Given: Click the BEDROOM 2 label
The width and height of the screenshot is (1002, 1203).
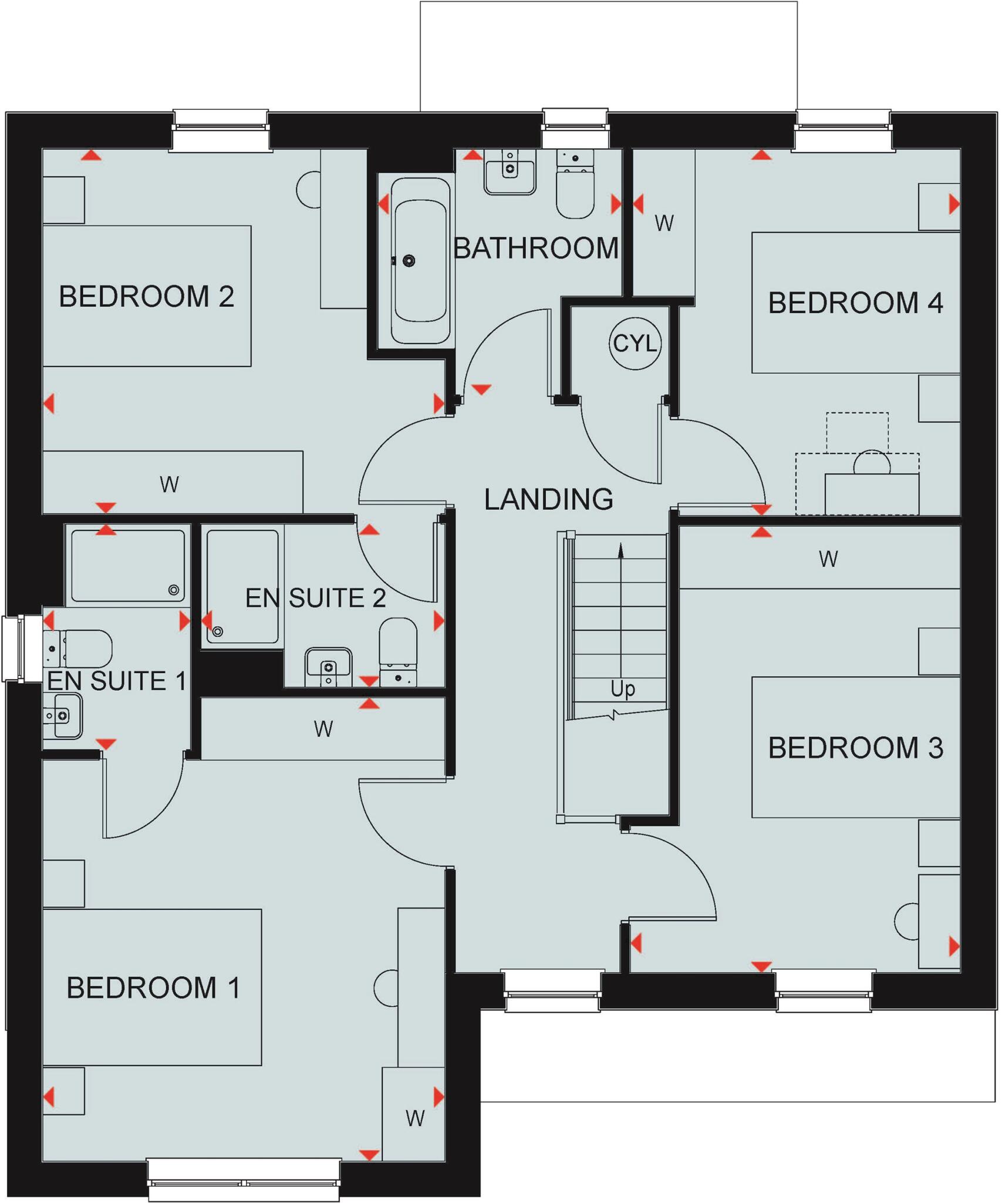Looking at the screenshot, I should [147, 296].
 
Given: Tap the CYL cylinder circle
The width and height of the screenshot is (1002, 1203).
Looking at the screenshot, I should [635, 344].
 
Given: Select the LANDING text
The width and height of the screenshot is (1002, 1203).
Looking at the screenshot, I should [548, 499].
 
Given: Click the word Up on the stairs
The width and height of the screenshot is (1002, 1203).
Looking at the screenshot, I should [622, 688].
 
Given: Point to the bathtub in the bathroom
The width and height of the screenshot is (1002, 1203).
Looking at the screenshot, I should [420, 260].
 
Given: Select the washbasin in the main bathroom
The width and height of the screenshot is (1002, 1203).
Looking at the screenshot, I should [510, 172].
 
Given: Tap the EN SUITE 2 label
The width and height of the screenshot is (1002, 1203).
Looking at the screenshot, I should [315, 598].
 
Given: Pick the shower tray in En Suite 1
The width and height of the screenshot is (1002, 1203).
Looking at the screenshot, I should [128, 566].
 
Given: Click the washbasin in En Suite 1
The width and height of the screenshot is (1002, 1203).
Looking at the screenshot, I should [63, 715].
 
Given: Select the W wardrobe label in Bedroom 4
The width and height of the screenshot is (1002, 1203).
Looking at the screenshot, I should [664, 223].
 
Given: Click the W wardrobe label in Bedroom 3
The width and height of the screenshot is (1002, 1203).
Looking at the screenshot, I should [828, 559].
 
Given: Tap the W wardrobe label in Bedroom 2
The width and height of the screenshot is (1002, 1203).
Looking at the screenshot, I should [169, 485].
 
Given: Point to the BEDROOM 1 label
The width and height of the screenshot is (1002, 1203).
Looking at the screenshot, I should [153, 987].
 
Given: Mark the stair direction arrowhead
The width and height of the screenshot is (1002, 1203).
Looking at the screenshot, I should [620, 550].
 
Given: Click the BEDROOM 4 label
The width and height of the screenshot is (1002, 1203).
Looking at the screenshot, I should [855, 303].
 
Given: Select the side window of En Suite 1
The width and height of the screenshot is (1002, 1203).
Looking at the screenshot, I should [13, 648].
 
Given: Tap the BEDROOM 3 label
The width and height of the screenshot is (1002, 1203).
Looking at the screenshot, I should [855, 748].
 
